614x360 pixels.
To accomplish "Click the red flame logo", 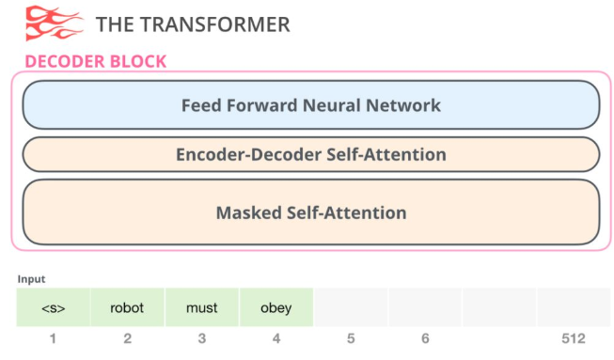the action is coord(54,23).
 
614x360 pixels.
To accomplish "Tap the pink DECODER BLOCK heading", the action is coord(95,62).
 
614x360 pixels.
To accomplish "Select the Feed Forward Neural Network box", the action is coord(310,104).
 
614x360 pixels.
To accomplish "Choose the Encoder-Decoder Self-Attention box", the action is coord(310,154).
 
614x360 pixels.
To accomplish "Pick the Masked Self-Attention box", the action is coord(310,212).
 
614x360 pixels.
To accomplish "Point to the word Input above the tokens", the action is coord(31,279).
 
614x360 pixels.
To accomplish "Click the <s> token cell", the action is coord(54,307).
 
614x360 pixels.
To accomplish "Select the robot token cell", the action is coord(127,307).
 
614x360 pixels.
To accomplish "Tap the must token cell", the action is coord(201,307).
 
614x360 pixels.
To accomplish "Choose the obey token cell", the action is coord(276,307).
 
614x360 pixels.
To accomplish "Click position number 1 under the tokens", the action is coord(54,338).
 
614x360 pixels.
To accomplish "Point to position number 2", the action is coord(127,338).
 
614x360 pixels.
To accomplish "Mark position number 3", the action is coord(201,338).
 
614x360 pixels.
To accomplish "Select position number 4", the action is coord(276,338).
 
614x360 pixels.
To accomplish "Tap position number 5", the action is coord(351,338).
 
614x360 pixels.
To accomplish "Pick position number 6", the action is coord(425,338).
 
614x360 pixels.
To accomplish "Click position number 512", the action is coord(574,338).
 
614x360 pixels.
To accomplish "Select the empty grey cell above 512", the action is coord(574,307).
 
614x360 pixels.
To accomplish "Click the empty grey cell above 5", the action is coord(351,307).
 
